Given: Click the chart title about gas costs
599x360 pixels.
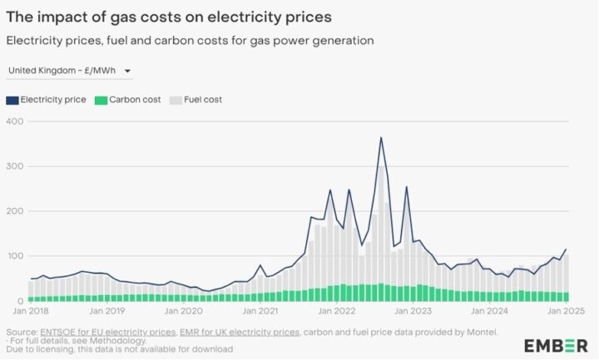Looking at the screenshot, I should [x=158, y=14].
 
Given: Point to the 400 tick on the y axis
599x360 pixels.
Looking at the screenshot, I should [x=16, y=121].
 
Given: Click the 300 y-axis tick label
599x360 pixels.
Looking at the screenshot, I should [x=16, y=166].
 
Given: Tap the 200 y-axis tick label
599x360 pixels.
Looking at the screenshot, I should [x=16, y=211].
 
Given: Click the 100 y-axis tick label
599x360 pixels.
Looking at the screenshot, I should [x=16, y=256].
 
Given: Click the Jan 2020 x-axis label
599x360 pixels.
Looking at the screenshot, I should [x=183, y=311].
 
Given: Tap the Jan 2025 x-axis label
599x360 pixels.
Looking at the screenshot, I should [x=568, y=311].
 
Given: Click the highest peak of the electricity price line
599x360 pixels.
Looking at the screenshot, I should [x=381, y=137].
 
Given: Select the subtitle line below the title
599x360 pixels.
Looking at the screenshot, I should [x=190, y=40].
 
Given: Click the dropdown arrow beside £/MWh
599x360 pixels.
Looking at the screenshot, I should [x=128, y=72].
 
